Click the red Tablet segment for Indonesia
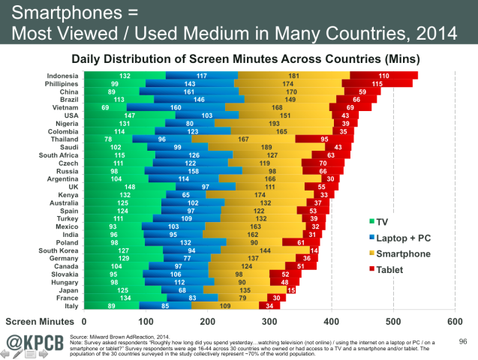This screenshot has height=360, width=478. pyautogui.click(x=383, y=76)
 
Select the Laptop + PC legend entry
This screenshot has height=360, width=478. pyautogui.click(x=404, y=238)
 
